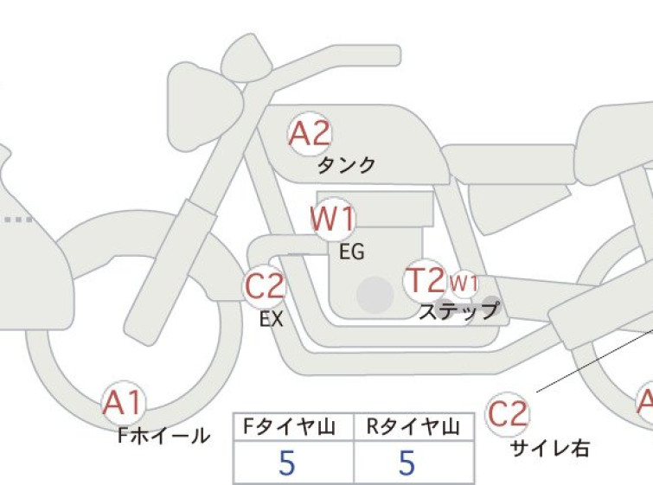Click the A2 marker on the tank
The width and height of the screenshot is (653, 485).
point(310,134)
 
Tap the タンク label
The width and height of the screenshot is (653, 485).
point(347,165)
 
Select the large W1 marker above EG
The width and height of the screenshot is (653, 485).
point(333,219)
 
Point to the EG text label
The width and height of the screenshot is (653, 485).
point(352,252)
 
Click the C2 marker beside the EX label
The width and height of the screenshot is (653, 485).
point(265,286)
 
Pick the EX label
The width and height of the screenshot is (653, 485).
point(272,319)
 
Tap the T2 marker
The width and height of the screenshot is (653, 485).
point(425,280)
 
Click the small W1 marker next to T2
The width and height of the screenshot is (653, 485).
point(464,283)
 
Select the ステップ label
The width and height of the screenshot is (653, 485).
point(459,310)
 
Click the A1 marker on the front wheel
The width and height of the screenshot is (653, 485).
point(124,403)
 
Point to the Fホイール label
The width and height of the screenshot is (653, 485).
point(163,436)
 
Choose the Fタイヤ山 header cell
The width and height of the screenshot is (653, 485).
point(293,427)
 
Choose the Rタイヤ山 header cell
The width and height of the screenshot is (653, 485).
point(413,427)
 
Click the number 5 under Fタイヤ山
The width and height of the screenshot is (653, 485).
point(286,463)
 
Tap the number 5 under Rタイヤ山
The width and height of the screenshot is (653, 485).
point(407,463)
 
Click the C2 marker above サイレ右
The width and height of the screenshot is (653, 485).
point(507,414)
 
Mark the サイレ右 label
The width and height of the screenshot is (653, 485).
point(550,449)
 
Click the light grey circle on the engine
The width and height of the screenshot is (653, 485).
point(375,295)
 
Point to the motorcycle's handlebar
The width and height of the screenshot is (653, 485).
point(333,58)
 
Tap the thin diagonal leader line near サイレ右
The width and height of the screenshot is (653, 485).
point(595,361)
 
